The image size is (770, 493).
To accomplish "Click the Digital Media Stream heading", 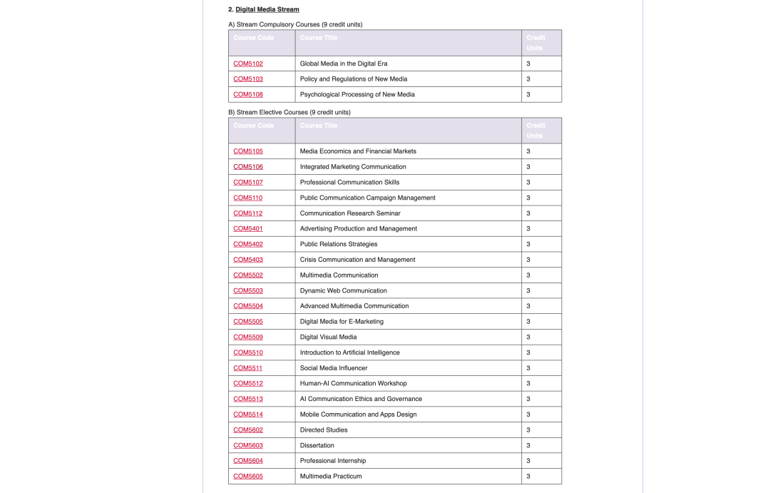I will point(267,9).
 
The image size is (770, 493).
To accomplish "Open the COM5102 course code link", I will point(248,63).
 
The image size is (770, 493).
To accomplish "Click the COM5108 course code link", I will point(248,94).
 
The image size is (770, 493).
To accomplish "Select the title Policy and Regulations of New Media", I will point(354,79).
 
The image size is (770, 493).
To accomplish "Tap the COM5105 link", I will point(248,151).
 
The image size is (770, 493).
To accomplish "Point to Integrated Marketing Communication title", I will point(353,167).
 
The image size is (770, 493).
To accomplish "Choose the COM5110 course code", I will point(248,198).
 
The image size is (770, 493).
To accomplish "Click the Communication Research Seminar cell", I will point(350,213).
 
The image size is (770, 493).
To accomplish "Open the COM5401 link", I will point(248,229).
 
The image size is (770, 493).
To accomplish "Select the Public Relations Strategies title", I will point(339,244).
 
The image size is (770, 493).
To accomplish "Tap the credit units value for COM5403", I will point(528,260).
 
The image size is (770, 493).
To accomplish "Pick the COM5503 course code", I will point(248,291).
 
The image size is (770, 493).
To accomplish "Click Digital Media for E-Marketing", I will point(342,322).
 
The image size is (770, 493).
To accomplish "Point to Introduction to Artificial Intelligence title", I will point(350,352).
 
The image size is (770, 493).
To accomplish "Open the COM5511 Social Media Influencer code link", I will point(248,368).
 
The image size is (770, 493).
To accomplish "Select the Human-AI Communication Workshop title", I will point(354,384).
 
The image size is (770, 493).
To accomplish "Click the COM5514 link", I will point(248,415).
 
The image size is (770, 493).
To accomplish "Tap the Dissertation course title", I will point(317,445).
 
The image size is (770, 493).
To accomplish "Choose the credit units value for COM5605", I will point(528,477).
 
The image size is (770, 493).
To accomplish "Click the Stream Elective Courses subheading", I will point(289,112).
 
